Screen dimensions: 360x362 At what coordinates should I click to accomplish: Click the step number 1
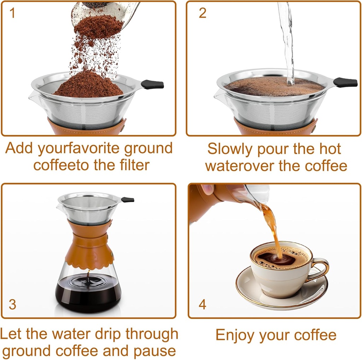tap(12, 13)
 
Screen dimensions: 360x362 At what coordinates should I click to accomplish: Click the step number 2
tap(202, 13)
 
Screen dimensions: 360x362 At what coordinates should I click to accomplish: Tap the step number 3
tap(12, 304)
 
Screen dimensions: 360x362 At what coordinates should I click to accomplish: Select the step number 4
tap(202, 304)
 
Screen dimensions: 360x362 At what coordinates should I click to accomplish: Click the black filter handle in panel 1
tap(153, 85)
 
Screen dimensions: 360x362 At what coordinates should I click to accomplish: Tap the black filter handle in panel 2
tap(345, 82)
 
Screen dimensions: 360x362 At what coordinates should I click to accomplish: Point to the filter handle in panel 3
tap(128, 200)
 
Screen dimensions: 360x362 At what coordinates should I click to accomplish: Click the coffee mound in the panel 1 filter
tap(88, 85)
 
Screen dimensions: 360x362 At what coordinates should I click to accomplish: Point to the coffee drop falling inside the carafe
tap(88, 276)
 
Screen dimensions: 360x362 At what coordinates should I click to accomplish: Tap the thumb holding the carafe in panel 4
tap(208, 189)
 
